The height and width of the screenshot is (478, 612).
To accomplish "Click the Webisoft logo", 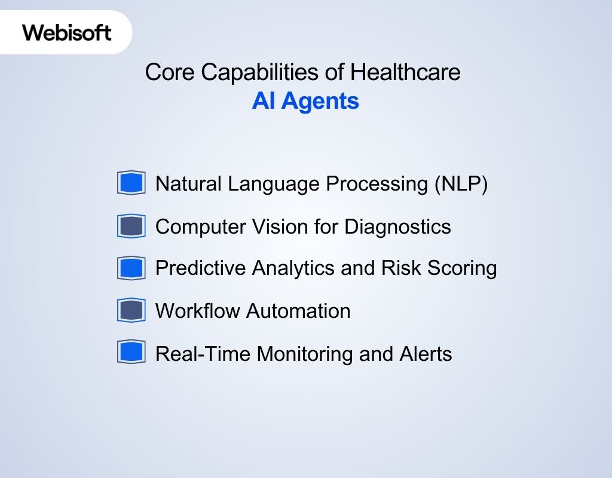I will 67,32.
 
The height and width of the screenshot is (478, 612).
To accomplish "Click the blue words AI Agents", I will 305,101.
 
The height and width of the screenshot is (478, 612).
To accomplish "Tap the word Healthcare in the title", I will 405,72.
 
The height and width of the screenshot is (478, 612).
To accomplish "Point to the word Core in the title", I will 170,72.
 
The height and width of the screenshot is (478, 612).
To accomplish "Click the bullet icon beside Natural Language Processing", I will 131,183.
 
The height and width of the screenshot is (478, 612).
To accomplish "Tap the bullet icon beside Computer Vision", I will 131,226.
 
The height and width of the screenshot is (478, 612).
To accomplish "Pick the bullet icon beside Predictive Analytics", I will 131,268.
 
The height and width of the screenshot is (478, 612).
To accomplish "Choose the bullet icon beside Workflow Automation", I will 131,311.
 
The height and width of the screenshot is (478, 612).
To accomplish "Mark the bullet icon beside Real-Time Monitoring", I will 131,353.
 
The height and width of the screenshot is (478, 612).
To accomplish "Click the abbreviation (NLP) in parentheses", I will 461,183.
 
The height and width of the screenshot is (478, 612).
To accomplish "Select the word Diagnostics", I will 397,226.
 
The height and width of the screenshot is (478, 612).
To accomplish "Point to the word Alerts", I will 426,354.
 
